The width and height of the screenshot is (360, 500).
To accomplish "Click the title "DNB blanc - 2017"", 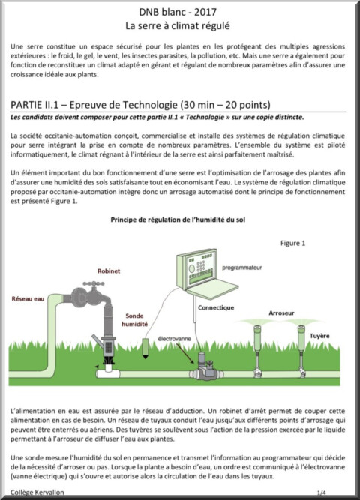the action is click(x=178, y=12).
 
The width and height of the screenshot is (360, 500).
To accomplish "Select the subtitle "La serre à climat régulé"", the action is click(x=178, y=25).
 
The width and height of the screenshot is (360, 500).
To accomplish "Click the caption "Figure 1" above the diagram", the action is click(x=292, y=243).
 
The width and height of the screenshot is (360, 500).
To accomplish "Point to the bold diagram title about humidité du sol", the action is click(x=178, y=220).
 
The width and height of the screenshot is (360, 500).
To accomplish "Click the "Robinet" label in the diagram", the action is click(x=109, y=271).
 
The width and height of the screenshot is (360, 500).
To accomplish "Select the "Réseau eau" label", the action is click(x=28, y=299).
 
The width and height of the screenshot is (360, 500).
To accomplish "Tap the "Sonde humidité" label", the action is click(x=134, y=320).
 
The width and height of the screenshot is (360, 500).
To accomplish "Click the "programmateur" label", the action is click(x=242, y=268).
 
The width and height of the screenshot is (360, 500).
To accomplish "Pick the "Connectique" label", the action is click(x=216, y=307).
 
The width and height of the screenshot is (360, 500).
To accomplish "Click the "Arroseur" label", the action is click(x=281, y=313).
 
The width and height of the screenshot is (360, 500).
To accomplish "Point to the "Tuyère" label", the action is click(x=319, y=336).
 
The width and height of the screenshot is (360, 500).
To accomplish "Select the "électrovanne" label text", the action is click(x=174, y=339).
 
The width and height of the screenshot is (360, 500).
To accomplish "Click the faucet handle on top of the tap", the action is click(x=94, y=283).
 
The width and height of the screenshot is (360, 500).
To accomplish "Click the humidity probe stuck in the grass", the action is click(x=145, y=349).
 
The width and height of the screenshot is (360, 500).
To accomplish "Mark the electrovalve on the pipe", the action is click(x=205, y=366).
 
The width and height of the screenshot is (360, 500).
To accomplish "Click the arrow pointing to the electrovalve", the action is click(x=184, y=352).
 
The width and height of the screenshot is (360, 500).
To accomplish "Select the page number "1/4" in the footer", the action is click(x=322, y=492).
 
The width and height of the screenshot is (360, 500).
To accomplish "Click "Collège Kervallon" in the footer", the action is click(x=37, y=492).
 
